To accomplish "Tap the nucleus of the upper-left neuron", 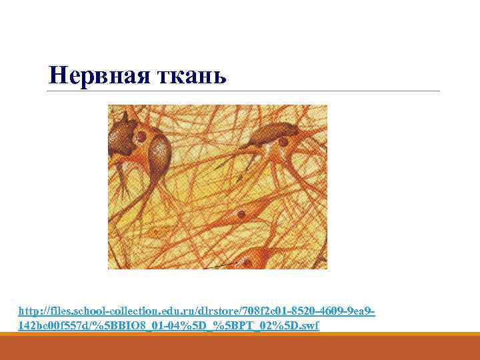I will (x=142, y=137).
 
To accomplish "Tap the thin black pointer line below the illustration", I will (x=220, y=266).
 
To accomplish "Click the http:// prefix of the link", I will (x=33, y=311).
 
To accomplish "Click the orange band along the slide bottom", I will (x=240, y=348).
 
